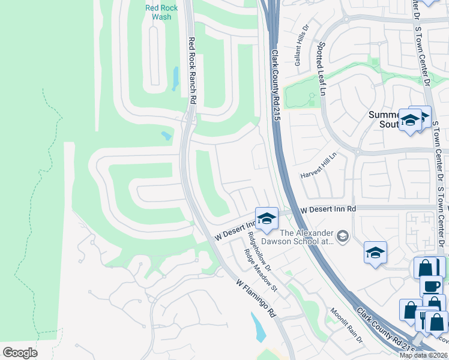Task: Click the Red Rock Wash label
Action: (x=158, y=13)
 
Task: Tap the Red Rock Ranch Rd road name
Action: (x=193, y=71)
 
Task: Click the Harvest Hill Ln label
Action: (x=319, y=166)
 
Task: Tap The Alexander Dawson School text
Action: (x=306, y=237)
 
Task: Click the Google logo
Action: (x=20, y=353)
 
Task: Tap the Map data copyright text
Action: (x=424, y=355)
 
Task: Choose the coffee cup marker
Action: (x=431, y=286)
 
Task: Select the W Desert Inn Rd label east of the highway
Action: (x=328, y=209)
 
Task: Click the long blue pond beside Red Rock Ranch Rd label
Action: (x=175, y=79)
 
